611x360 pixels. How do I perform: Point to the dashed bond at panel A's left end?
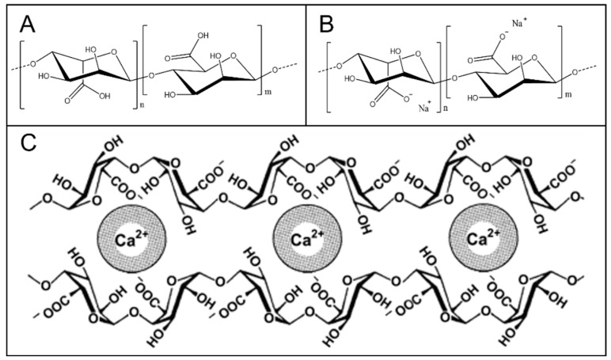point(15,66)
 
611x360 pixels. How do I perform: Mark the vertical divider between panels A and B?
point(306,63)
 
